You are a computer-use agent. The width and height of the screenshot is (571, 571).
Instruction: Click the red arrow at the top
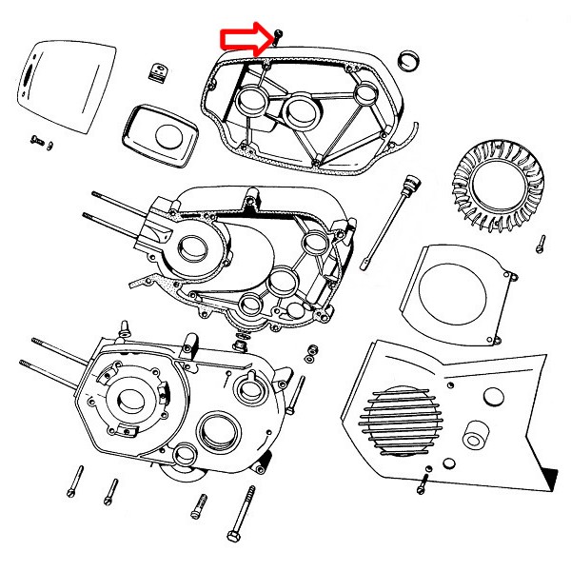[244, 38]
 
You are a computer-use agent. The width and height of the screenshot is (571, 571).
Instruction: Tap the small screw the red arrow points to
[276, 36]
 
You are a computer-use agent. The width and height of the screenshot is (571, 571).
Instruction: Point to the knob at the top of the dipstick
[415, 181]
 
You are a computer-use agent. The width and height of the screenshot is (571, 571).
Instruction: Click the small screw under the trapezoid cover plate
[40, 142]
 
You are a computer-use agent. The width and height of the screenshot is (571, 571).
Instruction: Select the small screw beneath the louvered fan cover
[421, 488]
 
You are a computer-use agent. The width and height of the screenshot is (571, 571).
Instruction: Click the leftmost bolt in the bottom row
[74, 485]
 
